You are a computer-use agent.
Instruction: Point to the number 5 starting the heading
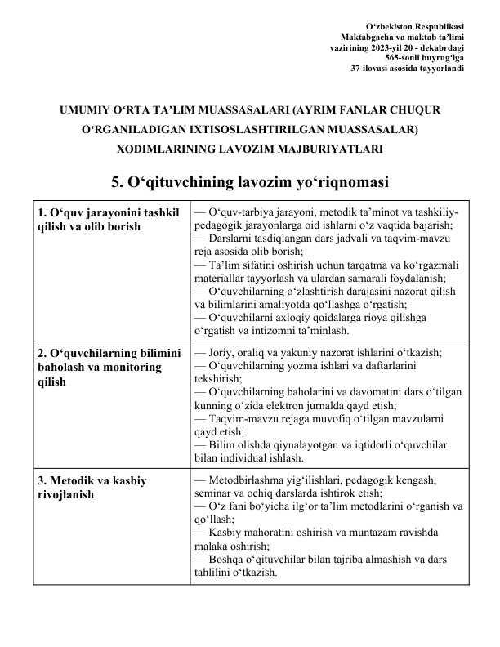point(115,181)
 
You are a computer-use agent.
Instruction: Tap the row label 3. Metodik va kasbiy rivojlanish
point(92,488)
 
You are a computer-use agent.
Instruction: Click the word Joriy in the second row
point(221,354)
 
